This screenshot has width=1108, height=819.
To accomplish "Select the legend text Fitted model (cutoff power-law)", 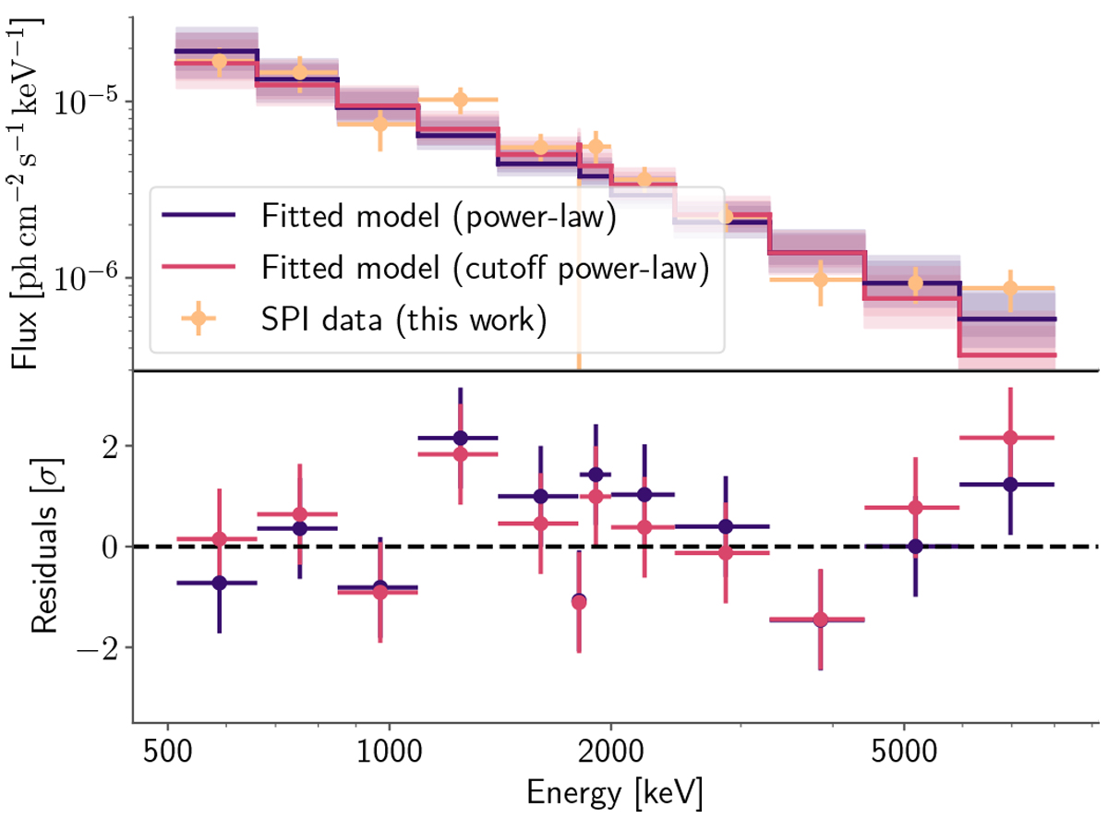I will point(484,268).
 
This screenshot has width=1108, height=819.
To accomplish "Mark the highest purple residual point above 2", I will point(460,438).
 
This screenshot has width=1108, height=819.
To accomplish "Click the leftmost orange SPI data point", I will point(219,62).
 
